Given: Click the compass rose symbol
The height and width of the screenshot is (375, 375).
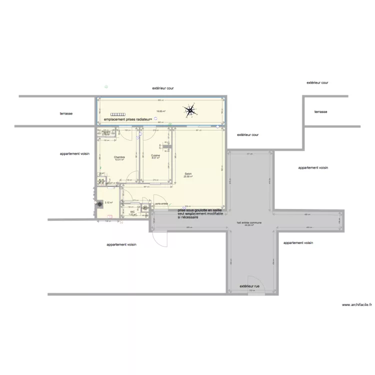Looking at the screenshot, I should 190,110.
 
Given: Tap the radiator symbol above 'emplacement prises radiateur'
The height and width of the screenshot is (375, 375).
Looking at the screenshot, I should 118,114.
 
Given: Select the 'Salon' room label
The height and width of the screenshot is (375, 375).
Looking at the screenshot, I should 188,174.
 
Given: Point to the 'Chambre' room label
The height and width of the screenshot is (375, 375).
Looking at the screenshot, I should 119,157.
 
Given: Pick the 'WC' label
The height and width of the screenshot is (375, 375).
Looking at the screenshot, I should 132,211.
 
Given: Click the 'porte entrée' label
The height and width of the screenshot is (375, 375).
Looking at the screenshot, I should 161,203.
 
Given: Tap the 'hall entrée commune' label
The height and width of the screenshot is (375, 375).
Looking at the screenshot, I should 248,222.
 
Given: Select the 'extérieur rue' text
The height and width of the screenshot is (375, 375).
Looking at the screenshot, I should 249,286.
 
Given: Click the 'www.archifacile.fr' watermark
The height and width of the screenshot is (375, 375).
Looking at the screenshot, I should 356,304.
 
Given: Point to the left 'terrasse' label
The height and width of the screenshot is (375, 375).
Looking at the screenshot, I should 66,113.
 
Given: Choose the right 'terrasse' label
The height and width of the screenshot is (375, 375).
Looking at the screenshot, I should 320,112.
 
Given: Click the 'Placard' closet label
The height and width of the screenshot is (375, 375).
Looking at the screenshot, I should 105,132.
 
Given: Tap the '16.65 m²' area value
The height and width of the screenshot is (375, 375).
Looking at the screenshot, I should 160,111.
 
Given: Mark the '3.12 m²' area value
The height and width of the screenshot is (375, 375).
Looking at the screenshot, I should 108,203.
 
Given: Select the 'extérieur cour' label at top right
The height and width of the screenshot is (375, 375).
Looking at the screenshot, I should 317,83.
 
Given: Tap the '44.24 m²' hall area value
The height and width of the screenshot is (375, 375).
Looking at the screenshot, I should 248,225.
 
